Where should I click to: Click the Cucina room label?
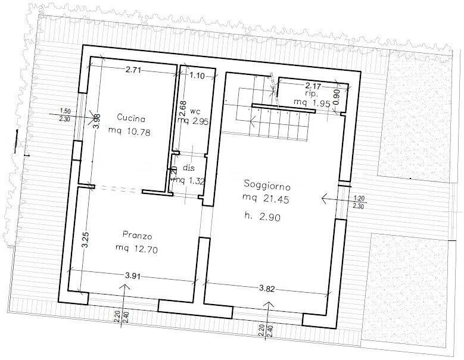coord(130,117)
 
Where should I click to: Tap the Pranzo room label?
coord(134,233)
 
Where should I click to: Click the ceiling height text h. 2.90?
coord(263,217)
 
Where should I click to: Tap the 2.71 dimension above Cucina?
coord(135,71)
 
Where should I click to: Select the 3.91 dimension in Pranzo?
coord(133,276)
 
